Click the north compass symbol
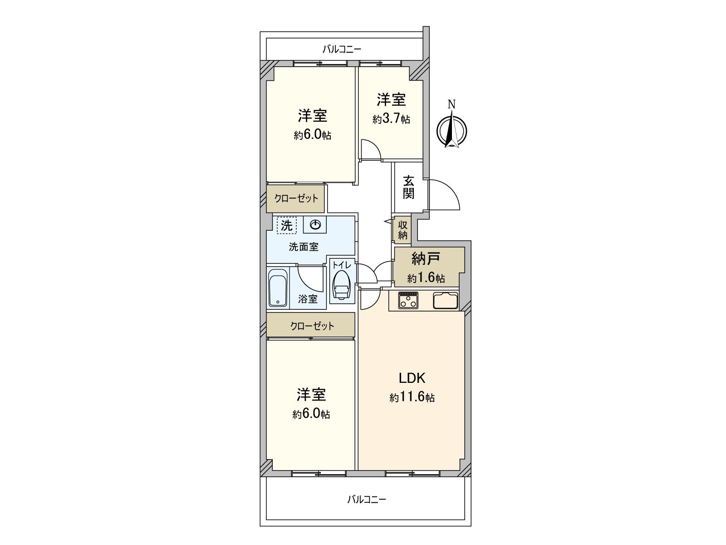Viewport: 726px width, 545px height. (451, 131)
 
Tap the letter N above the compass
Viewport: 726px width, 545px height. (451, 104)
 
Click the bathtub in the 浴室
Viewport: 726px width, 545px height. (278, 288)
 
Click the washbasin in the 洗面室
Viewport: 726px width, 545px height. (315, 224)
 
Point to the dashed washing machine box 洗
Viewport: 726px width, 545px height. (286, 225)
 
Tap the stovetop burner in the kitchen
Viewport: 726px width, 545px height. (408, 300)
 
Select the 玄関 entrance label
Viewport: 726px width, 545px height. (409, 187)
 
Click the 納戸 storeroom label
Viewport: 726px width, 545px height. (426, 259)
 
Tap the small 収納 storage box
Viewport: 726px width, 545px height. (402, 230)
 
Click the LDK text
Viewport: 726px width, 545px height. (412, 378)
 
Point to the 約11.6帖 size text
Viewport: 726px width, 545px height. (412, 398)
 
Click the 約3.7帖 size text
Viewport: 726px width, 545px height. (391, 119)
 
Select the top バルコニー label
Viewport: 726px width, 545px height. (342, 49)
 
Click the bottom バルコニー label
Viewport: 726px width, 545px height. (367, 500)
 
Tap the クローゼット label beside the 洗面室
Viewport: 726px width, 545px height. (296, 198)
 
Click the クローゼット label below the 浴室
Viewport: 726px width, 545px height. (312, 326)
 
